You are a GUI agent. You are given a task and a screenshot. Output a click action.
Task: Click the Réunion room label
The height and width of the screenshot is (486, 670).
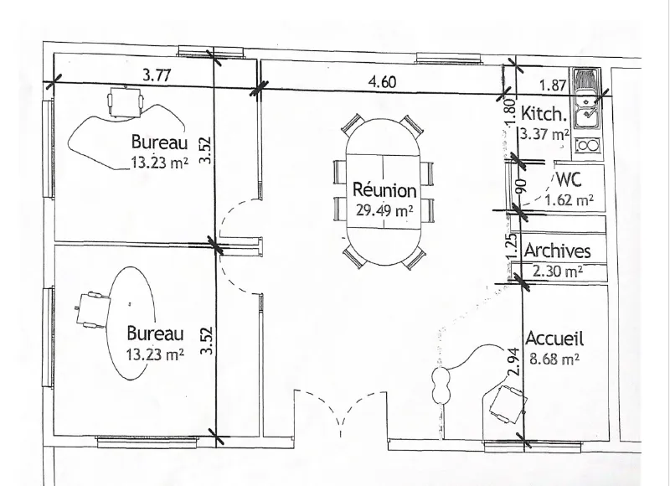[x=384, y=189]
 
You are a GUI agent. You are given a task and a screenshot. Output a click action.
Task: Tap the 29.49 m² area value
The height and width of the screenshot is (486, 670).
[x=384, y=210]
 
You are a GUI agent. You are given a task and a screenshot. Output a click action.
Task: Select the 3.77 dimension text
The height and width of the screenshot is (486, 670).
[x=157, y=75]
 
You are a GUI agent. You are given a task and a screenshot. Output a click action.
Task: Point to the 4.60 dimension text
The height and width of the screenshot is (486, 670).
[x=382, y=81]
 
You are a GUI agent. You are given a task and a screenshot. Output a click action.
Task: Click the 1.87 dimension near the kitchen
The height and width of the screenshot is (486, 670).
[x=553, y=85]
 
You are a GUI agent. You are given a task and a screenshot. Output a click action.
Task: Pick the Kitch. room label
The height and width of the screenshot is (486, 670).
[x=544, y=114]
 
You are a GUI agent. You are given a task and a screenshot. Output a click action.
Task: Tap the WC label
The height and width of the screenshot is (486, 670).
[x=569, y=179]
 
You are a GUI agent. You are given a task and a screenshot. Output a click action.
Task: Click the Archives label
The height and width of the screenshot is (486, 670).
[x=557, y=251]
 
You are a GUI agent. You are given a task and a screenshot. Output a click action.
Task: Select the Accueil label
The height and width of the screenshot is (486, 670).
[x=554, y=339]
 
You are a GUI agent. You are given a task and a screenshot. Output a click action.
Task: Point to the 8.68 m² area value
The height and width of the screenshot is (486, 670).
[x=554, y=358]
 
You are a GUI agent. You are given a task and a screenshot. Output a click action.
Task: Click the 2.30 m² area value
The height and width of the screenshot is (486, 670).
[x=558, y=271]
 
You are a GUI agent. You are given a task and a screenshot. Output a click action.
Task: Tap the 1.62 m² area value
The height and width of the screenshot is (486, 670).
[x=569, y=199]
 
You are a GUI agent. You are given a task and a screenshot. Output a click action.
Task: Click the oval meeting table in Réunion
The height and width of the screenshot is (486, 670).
[x=384, y=192]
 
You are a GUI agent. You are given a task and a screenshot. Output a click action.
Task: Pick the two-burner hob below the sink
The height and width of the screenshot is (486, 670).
[x=587, y=146]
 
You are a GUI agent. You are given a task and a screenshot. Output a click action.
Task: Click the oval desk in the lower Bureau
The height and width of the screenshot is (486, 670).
[x=131, y=323]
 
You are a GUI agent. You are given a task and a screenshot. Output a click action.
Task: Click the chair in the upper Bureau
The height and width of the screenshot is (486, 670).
[x=125, y=101]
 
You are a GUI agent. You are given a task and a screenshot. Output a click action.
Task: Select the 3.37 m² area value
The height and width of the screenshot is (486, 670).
[x=544, y=134]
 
